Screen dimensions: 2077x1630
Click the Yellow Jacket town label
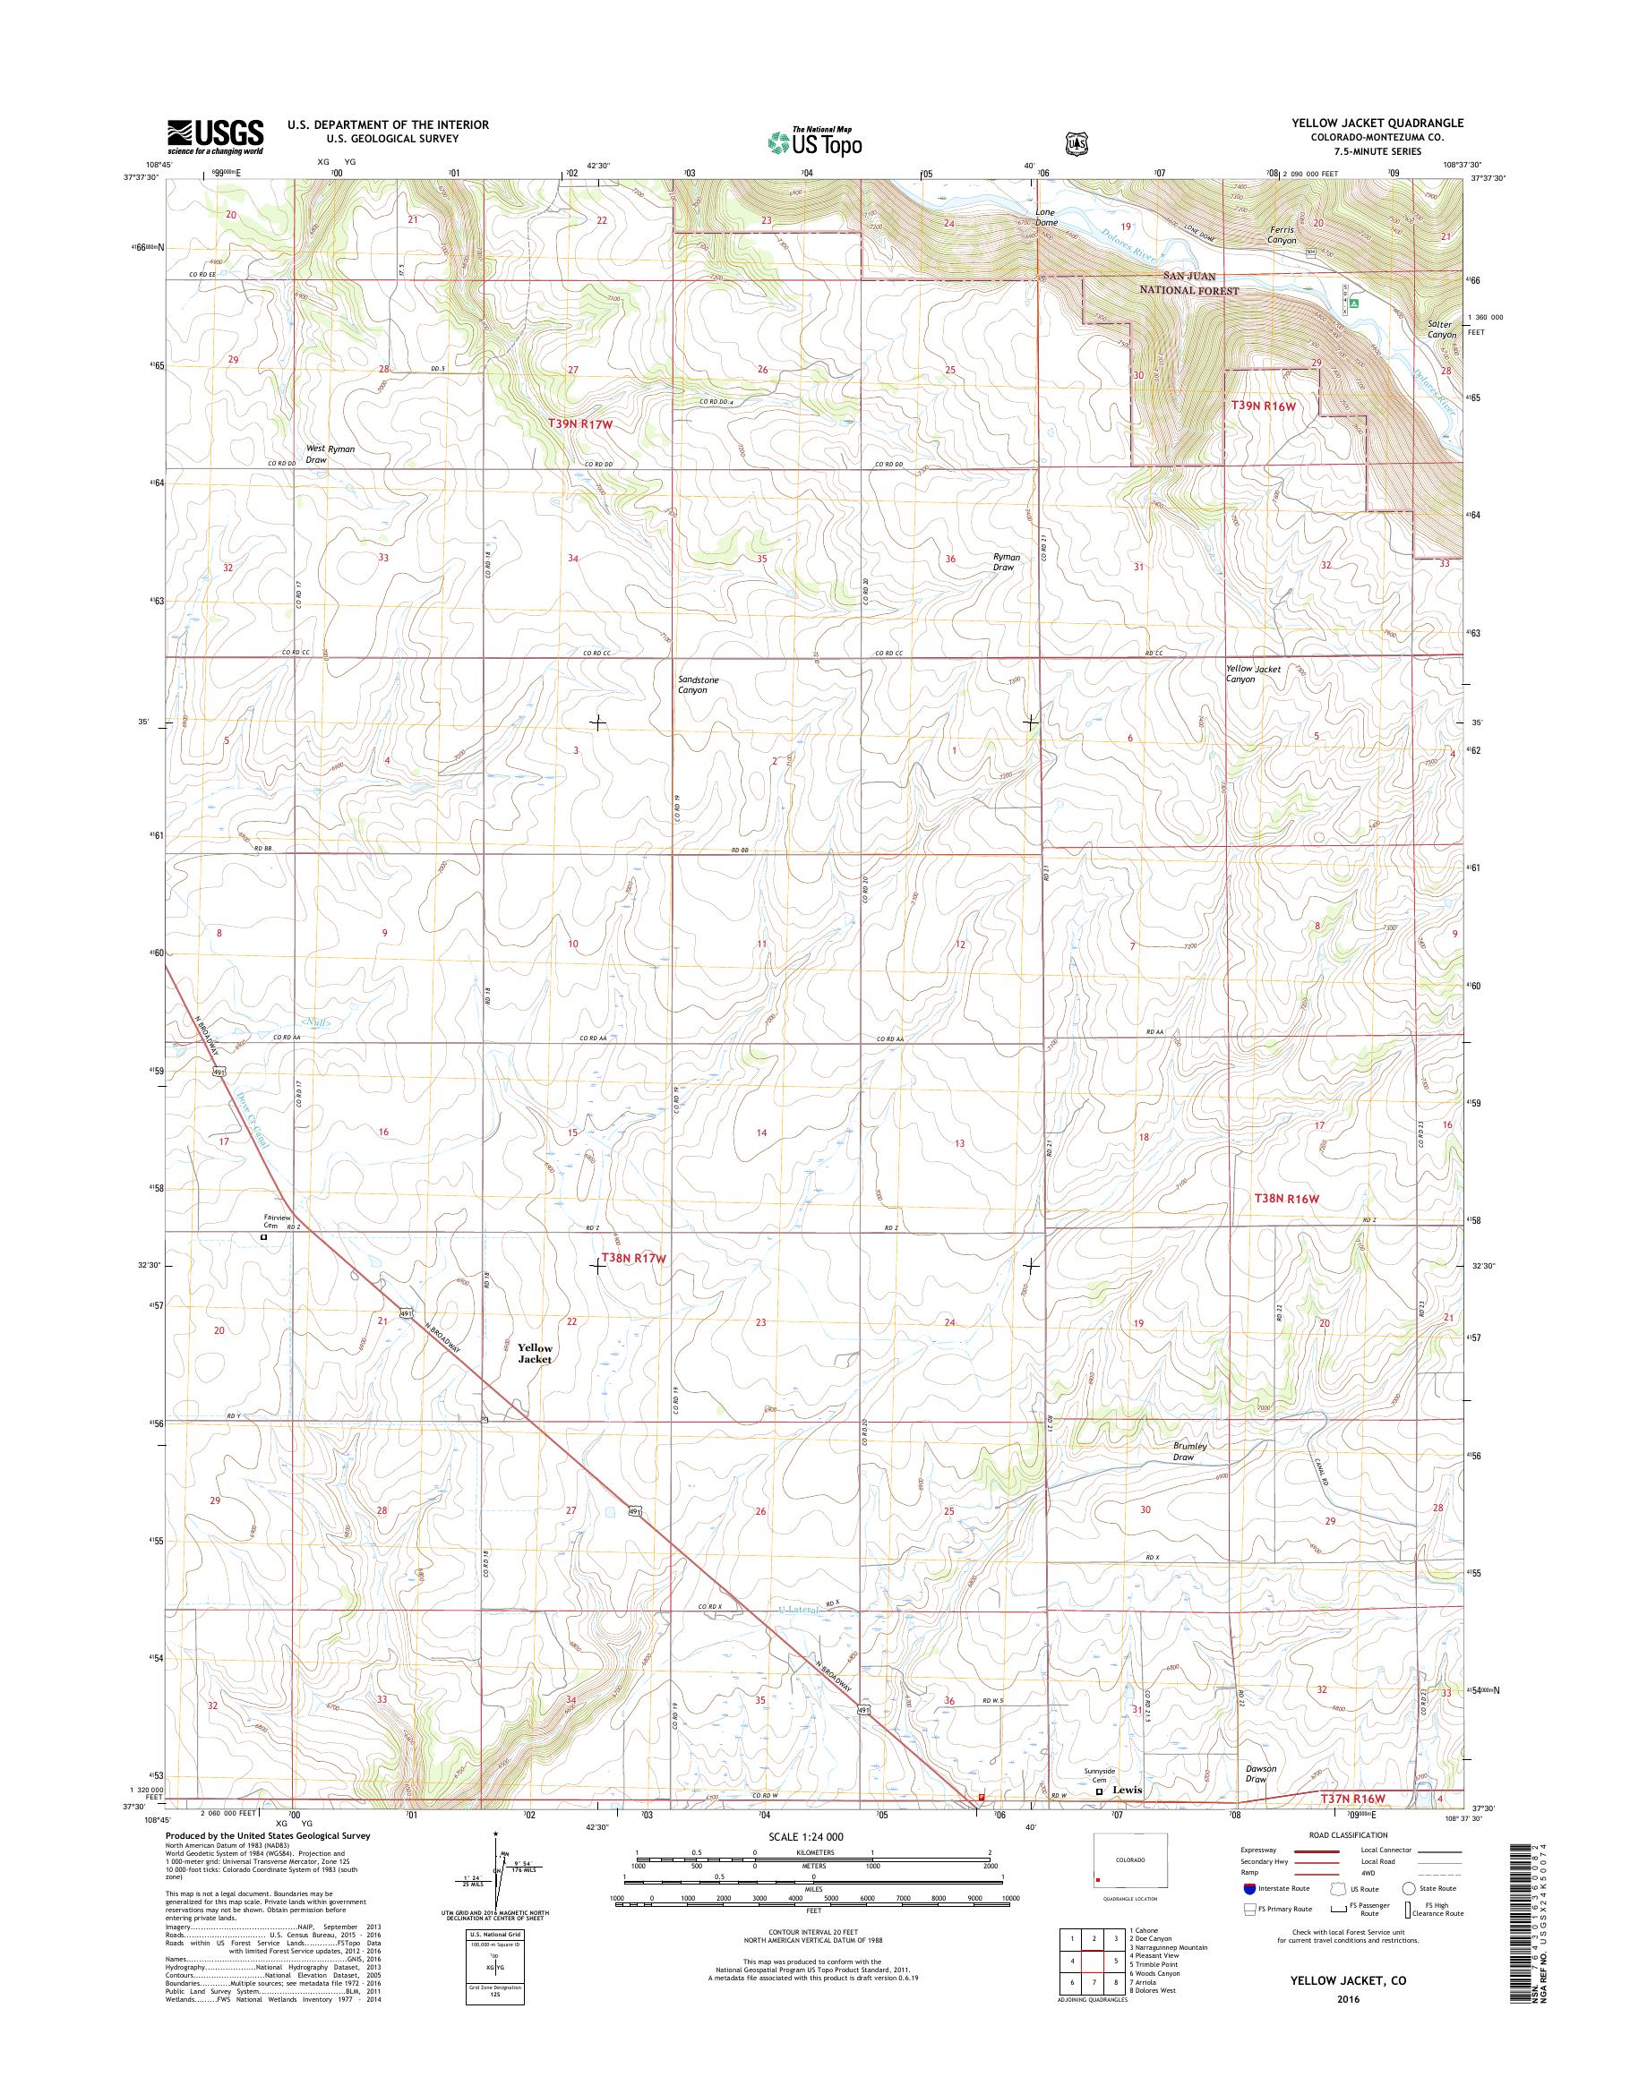535,1353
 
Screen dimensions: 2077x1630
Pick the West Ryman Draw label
316,453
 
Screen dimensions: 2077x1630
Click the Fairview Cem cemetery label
276,1221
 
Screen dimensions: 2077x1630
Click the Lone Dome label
1047,217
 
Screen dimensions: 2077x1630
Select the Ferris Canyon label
1276,235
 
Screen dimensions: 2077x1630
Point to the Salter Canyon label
1441,329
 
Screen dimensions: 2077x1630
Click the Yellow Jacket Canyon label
1253,673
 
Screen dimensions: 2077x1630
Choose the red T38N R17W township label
632,1259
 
